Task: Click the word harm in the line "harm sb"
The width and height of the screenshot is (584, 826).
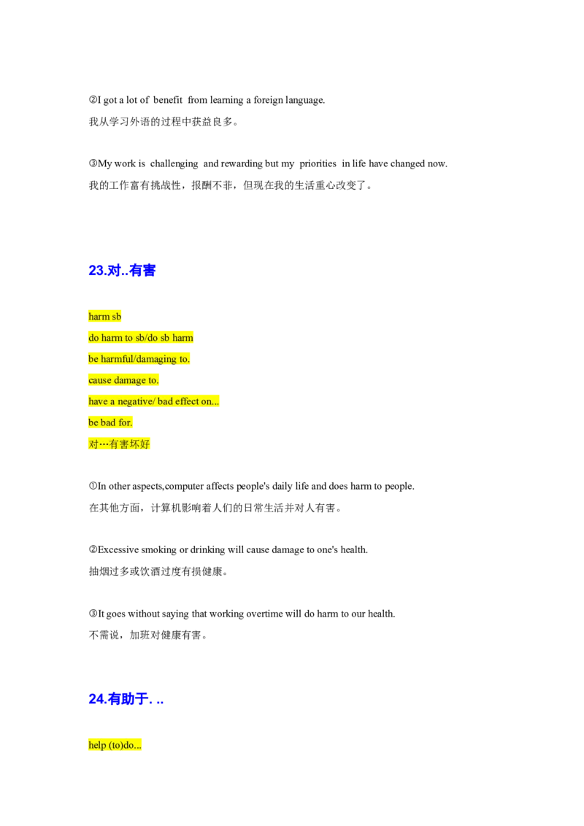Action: (x=99, y=317)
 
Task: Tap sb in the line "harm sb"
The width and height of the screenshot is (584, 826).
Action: (x=117, y=317)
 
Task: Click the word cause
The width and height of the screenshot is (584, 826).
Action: (x=100, y=380)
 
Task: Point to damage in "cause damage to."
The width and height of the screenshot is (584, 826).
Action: (x=130, y=380)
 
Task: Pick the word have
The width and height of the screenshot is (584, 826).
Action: (x=98, y=401)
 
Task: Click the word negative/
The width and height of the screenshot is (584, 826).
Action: (x=135, y=401)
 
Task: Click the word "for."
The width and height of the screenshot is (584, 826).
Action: (x=126, y=422)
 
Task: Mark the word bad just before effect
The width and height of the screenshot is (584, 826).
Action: (x=164, y=401)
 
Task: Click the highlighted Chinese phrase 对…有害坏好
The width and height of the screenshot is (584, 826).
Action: (x=120, y=444)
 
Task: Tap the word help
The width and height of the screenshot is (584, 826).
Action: (x=97, y=745)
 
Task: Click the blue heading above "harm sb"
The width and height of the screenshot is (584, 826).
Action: (x=122, y=271)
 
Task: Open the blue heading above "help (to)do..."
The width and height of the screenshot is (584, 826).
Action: (x=125, y=700)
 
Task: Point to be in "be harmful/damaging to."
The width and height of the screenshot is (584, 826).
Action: (x=93, y=359)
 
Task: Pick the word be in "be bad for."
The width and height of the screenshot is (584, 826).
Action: (x=93, y=422)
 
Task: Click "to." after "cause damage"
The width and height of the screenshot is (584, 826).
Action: (x=153, y=380)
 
